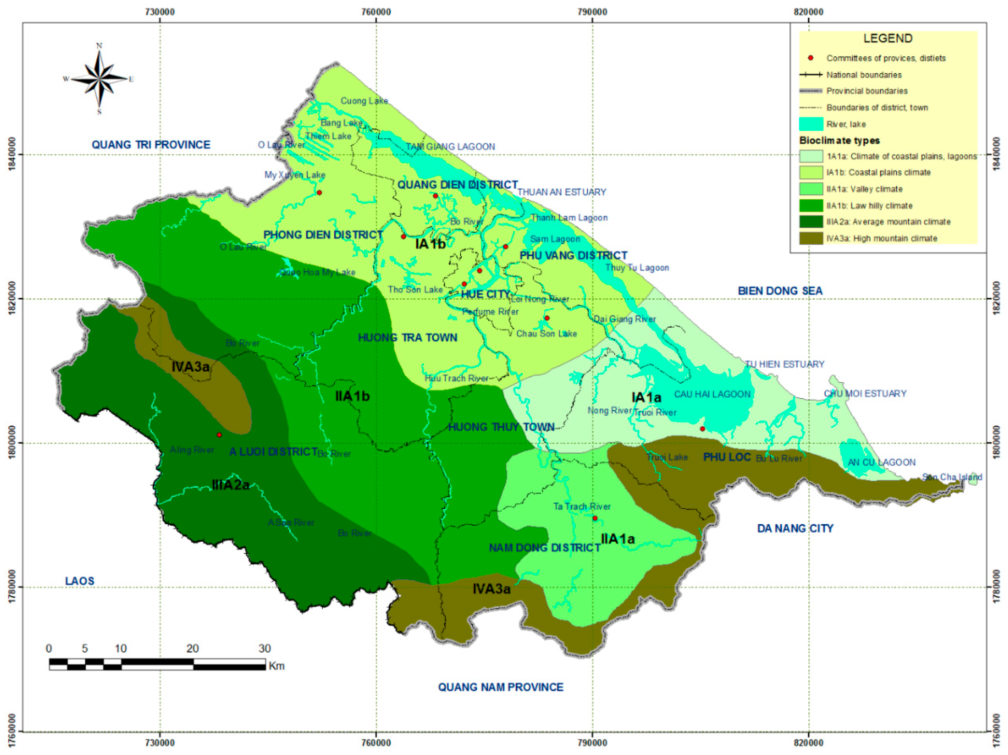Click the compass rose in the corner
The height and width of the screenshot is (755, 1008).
[99, 79]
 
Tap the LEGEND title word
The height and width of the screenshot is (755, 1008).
[888, 38]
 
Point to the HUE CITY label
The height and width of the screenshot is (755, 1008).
[485, 294]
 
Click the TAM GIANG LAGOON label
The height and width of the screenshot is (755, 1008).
[450, 147]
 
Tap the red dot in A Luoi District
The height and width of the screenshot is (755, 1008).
[219, 435]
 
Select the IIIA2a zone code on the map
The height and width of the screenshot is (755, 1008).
[231, 485]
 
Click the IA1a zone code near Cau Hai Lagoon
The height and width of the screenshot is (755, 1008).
[646, 398]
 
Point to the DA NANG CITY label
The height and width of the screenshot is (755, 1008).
[795, 528]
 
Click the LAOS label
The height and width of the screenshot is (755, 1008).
[80, 581]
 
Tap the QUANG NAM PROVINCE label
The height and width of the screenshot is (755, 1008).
[500, 687]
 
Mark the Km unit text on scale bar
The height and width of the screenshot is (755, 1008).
[277, 666]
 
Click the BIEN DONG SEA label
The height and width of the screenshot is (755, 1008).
[780, 291]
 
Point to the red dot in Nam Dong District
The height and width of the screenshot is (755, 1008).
[595, 519]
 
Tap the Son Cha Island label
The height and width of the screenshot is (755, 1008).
[952, 477]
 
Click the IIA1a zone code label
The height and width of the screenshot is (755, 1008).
[618, 539]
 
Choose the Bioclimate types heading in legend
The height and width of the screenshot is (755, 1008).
[839, 140]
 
